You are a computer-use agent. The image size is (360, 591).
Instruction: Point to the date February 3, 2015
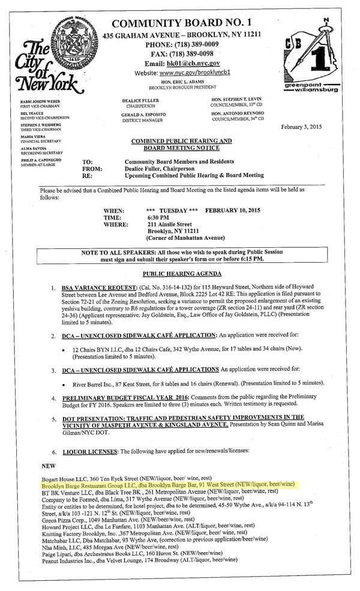[310, 128]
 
